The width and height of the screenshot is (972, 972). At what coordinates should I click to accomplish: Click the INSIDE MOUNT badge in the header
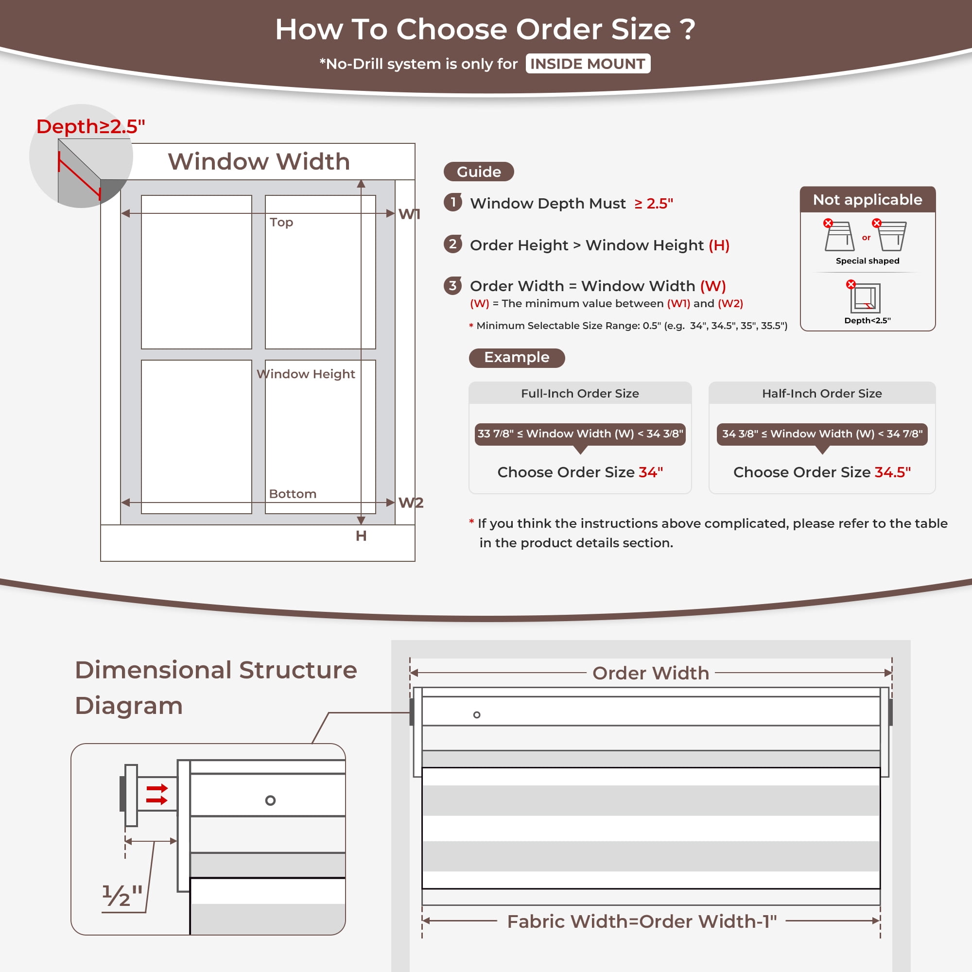(588, 64)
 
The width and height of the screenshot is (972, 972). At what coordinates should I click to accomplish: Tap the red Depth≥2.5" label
(90, 126)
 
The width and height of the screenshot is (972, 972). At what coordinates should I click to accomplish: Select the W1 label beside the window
(409, 214)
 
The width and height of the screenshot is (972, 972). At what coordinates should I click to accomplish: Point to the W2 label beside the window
(411, 503)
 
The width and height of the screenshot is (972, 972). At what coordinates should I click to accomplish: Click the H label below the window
(361, 536)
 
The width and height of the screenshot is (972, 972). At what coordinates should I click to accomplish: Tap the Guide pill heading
(478, 172)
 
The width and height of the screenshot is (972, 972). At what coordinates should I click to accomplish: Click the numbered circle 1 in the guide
(453, 202)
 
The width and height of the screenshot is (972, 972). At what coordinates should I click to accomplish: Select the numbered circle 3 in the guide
(453, 285)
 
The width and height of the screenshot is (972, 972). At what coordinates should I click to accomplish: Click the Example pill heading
(517, 357)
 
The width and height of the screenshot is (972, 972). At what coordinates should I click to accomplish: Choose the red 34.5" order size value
(892, 472)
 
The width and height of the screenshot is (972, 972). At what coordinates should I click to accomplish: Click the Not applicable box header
(868, 200)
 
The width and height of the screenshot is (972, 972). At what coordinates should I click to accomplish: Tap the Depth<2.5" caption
(868, 320)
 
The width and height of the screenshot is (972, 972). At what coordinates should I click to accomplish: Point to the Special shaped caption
(868, 260)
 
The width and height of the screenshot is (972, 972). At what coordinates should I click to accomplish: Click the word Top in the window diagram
(281, 223)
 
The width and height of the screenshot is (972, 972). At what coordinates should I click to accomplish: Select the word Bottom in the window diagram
(293, 494)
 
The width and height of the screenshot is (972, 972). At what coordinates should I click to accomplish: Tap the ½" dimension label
(122, 896)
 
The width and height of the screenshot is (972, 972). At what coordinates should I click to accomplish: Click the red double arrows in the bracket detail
(156, 795)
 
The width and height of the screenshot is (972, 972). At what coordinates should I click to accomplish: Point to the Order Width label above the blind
(651, 673)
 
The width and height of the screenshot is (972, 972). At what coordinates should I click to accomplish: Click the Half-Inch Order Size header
(821, 394)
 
